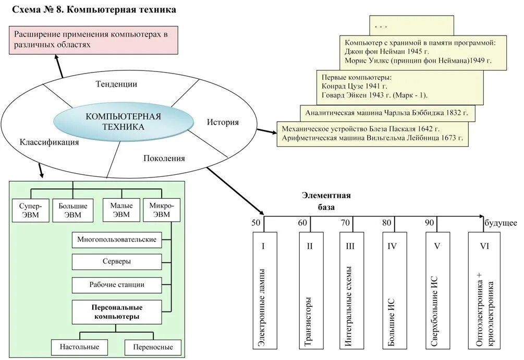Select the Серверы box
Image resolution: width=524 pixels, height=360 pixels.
click(117, 261)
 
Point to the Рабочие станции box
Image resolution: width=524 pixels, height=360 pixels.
click(117, 285)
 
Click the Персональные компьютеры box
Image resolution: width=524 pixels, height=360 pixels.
click(117, 311)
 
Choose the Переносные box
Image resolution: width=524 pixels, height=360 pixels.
click(153, 347)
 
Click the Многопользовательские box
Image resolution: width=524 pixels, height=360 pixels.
click(117, 239)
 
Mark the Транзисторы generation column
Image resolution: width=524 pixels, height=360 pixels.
click(309, 290)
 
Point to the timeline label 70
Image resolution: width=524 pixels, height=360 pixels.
click(345, 223)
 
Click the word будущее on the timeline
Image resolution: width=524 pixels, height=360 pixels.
click(501, 223)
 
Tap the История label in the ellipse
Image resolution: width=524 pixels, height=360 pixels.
click(223, 123)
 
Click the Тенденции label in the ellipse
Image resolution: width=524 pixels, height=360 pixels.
click(116, 84)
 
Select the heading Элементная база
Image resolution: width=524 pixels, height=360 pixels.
click(326, 201)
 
